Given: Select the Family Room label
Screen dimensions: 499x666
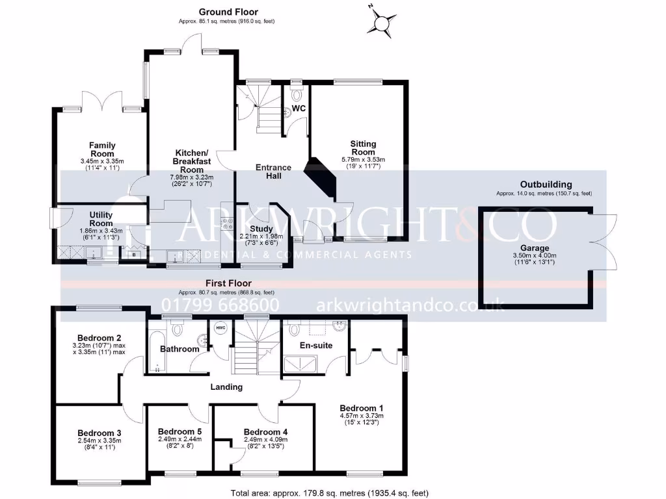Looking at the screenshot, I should (102, 149).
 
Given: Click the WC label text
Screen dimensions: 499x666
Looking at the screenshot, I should (299, 108).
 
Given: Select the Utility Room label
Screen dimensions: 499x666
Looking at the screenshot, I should (101, 219).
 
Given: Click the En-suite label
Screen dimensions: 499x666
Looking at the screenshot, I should (315, 345).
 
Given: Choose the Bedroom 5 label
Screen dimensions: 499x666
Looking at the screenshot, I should (180, 431).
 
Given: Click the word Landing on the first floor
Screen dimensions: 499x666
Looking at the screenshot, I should (226, 387).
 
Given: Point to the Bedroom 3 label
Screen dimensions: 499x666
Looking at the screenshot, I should (99, 433).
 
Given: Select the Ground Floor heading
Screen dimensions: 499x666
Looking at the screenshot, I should (228, 12).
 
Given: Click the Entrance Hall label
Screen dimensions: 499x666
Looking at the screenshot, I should (273, 172).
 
